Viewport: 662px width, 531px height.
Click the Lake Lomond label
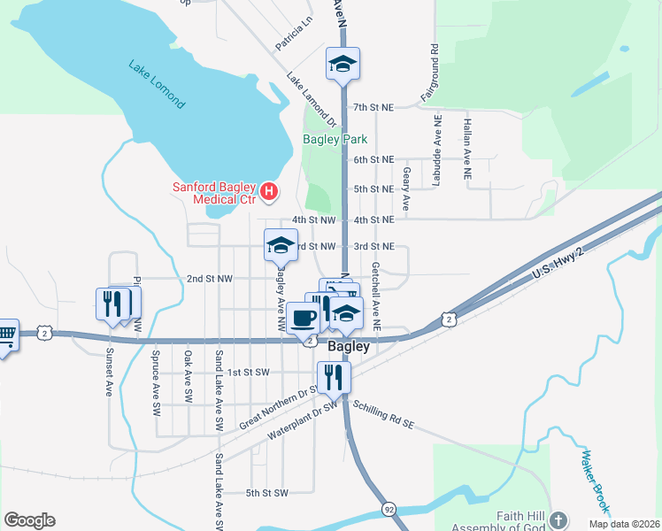point(157,84)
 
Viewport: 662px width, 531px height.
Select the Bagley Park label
point(335,139)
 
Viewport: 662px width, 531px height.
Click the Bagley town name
point(349,347)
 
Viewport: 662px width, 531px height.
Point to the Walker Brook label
point(595,482)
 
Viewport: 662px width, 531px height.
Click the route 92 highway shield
point(389,510)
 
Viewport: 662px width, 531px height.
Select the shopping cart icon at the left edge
point(5,335)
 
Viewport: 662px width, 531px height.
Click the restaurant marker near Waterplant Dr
point(335,375)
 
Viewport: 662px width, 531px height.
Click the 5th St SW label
point(267,492)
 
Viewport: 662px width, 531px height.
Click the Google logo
point(29,520)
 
